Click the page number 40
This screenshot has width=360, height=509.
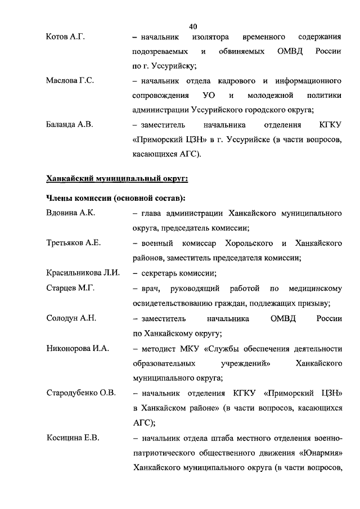(x=193, y=26)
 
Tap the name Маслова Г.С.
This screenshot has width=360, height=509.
(x=70, y=81)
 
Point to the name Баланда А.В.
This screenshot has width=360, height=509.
(x=69, y=125)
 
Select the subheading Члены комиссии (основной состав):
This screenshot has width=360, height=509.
(x=115, y=199)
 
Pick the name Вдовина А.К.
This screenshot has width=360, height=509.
(x=70, y=214)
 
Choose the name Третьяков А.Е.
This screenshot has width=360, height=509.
(x=73, y=243)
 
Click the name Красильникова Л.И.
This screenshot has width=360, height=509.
(x=83, y=273)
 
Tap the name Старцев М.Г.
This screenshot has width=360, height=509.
(x=70, y=289)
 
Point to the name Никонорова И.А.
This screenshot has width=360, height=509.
(x=78, y=349)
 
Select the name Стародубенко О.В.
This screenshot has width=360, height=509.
(x=81, y=393)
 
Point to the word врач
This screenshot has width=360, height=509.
(x=148, y=289)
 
